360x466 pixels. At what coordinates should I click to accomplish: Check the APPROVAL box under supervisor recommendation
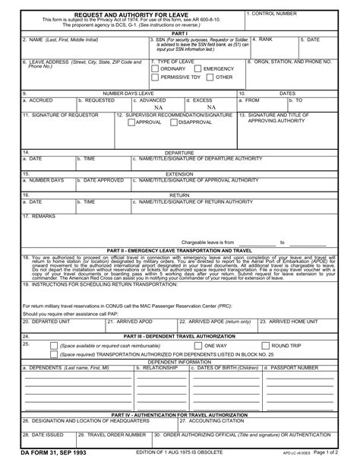131,122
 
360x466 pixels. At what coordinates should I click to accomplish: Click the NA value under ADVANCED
158,107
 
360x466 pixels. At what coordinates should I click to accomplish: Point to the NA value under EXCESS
210,107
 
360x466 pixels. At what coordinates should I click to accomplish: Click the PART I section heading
180,33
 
